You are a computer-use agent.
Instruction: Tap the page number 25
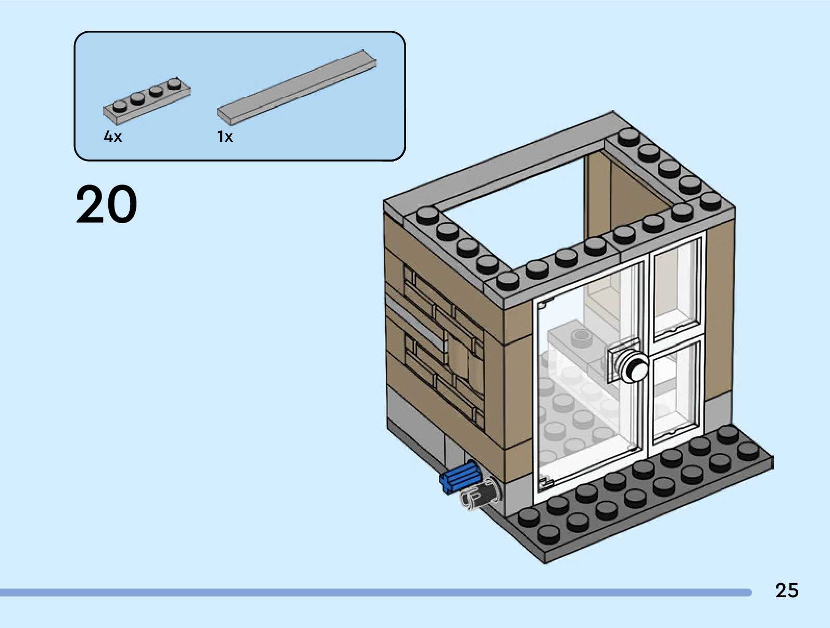coord(786,590)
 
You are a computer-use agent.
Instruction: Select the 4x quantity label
coord(112,137)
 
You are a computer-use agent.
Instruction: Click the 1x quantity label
coord(225,137)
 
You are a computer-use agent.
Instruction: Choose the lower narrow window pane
coord(676,391)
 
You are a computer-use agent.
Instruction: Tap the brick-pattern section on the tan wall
coord(443,344)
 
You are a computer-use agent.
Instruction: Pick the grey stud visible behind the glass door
coord(582,338)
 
